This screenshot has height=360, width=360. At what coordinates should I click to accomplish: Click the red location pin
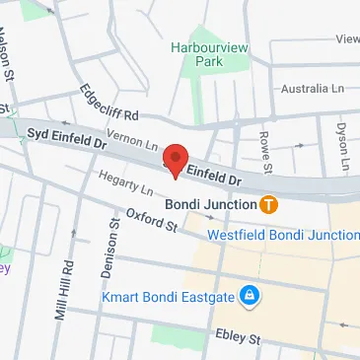point(176,160)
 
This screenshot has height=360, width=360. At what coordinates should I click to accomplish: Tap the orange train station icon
point(269,205)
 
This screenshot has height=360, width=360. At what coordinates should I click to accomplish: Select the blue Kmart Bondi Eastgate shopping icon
point(251,296)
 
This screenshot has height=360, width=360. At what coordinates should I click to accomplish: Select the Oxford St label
point(151,220)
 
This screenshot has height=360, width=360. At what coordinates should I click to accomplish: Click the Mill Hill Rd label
point(66,283)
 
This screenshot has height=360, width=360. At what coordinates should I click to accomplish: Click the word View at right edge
point(347,39)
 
